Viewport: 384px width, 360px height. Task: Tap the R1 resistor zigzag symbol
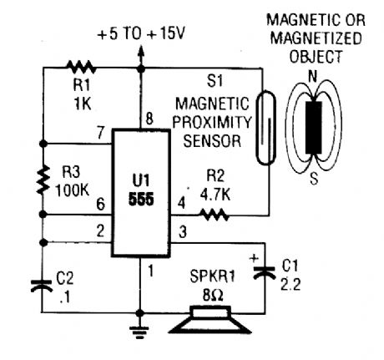click(x=82, y=66)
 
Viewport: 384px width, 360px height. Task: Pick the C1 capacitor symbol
click(x=265, y=271)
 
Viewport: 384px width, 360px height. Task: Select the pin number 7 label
click(x=100, y=132)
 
